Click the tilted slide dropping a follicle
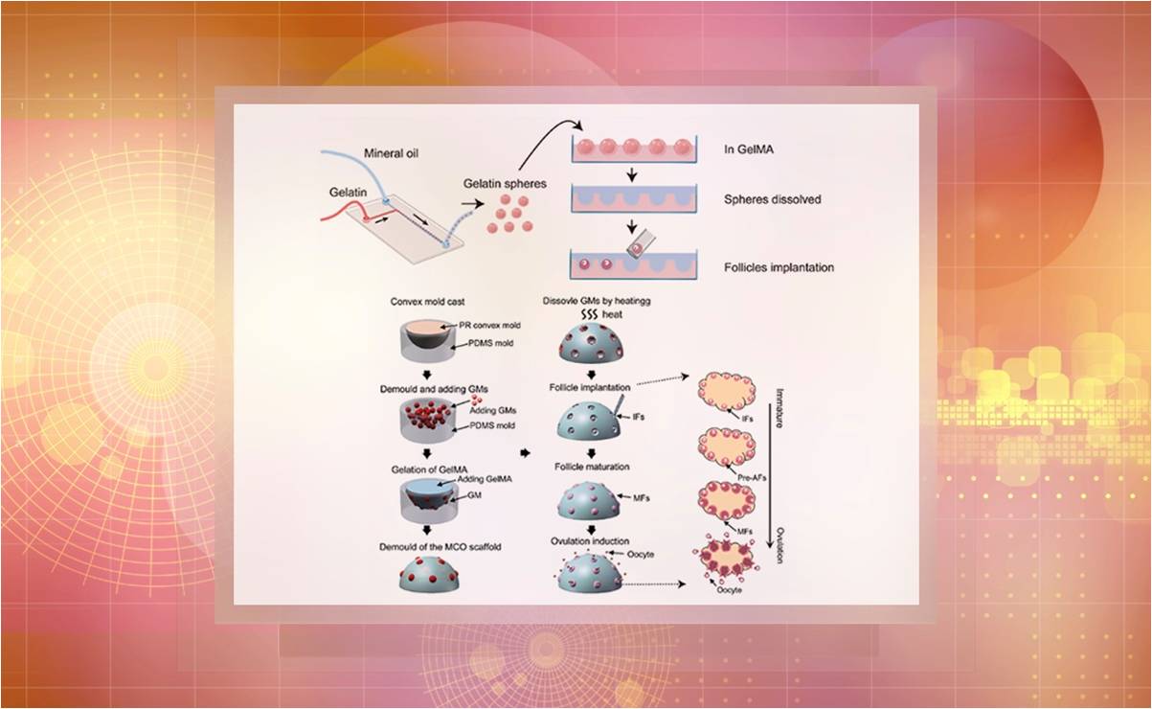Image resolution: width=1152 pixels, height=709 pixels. pos(636,246)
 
